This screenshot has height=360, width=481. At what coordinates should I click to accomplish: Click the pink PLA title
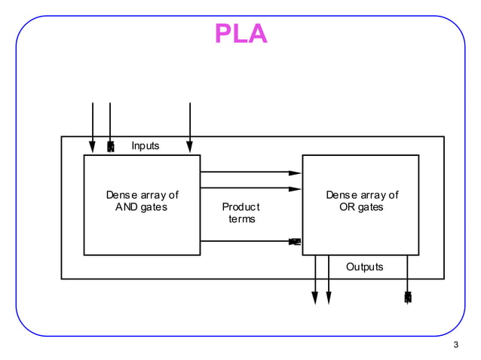[240, 34]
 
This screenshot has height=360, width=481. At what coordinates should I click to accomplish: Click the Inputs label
[146, 145]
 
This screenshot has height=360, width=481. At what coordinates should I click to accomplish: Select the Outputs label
[364, 267]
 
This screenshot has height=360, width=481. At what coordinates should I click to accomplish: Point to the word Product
[240, 206]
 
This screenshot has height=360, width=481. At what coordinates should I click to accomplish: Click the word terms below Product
[242, 219]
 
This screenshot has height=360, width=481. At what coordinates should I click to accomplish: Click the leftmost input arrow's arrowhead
[93, 146]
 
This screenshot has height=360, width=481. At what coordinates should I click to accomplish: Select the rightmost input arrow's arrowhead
[189, 146]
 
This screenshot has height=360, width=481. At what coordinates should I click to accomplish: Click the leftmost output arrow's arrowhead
[315, 298]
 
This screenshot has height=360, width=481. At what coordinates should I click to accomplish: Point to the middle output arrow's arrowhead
[329, 298]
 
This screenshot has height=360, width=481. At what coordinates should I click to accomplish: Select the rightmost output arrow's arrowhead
[408, 297]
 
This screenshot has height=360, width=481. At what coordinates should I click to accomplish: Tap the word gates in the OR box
[371, 207]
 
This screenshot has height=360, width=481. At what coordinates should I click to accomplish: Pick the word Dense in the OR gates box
[341, 195]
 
